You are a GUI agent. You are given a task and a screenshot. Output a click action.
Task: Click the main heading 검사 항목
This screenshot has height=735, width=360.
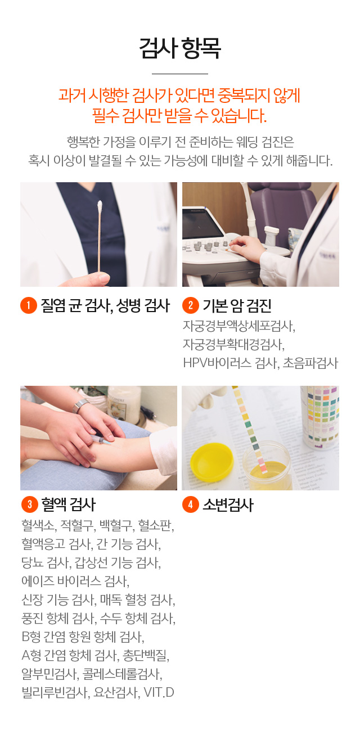pos(180,48)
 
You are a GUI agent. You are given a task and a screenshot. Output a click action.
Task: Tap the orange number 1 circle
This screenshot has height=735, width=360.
pos(29,305)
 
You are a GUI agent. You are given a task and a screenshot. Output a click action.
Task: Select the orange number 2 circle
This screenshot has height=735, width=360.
pos(191,305)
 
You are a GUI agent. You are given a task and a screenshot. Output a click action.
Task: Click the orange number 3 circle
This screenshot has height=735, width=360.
pos(30,504)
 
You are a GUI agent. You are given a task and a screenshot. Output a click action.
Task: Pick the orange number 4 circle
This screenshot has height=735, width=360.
pos(191,504)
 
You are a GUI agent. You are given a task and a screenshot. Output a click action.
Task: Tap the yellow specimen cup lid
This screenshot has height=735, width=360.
pos(211,460)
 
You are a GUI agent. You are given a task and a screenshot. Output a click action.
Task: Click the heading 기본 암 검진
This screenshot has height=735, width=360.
pos(237,306)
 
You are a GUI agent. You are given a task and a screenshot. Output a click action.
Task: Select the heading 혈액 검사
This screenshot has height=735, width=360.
pos(68,504)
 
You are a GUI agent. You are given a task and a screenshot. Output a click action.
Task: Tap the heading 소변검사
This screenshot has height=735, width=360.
pos(228,504)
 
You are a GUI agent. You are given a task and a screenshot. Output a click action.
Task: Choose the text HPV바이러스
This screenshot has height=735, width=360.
pos(217,363)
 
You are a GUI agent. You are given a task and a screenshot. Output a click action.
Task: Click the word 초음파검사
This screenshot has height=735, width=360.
pos(310,363)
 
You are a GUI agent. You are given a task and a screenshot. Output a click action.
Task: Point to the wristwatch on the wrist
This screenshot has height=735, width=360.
pos(80,406)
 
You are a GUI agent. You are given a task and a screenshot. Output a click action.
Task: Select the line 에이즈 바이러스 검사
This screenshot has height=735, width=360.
pos(75,581)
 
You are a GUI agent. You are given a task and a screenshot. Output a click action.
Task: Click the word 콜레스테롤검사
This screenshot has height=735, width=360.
pos(122,674)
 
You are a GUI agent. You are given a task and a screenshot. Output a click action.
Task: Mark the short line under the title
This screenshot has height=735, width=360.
pos(180,74)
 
